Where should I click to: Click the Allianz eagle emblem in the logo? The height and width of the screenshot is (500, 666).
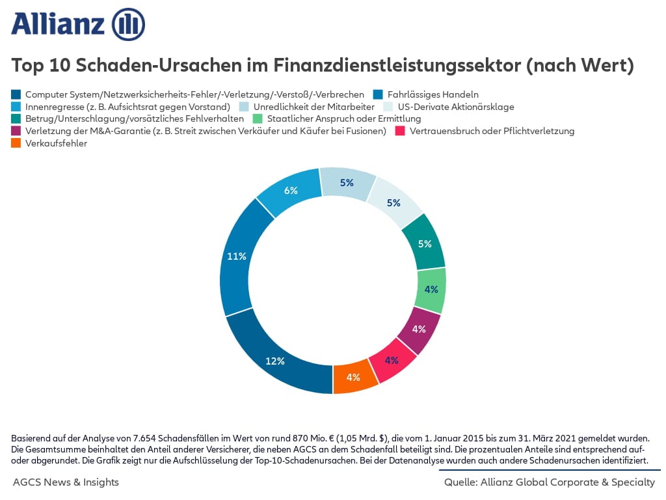[128, 24]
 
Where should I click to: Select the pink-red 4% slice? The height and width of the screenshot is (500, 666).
[392, 359]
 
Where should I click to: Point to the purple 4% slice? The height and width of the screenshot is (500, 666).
[419, 329]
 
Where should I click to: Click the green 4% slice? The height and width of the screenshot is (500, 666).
[431, 289]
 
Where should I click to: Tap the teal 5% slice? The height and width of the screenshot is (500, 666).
[425, 244]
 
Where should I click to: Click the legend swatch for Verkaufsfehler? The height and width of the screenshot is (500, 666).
[16, 144]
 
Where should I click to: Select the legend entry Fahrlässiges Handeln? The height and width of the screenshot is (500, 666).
[433, 94]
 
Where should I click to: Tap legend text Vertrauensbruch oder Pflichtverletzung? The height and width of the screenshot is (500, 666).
[492, 132]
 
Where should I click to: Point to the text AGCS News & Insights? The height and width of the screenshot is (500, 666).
[66, 482]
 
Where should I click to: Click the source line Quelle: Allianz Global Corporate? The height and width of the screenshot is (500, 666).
[550, 482]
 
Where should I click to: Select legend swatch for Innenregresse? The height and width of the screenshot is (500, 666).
[16, 107]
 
